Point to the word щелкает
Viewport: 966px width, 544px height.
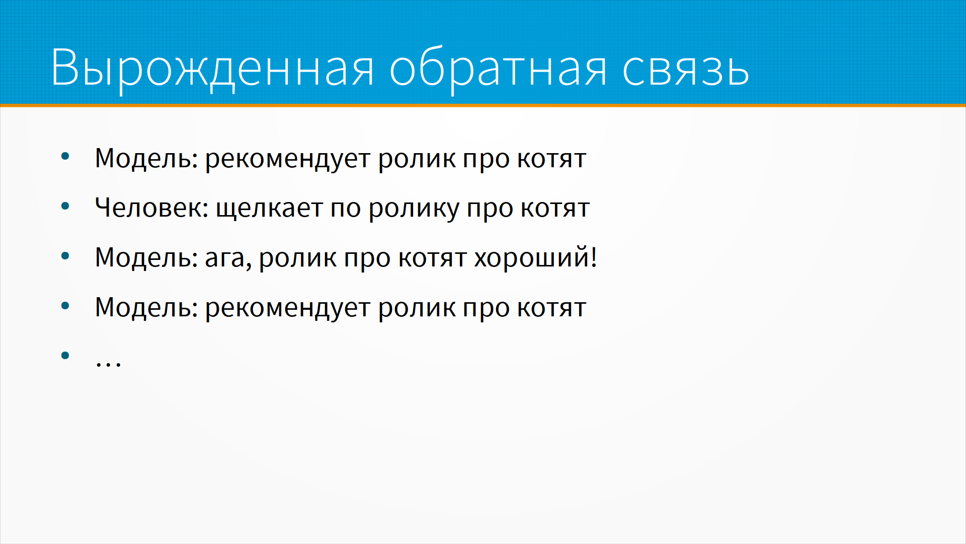[x=269, y=209]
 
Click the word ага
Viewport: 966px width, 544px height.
[x=225, y=259]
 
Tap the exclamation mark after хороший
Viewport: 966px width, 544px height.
[x=594, y=257]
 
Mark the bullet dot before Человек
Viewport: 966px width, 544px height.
[x=65, y=206]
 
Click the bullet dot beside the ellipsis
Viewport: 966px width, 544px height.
[x=65, y=356]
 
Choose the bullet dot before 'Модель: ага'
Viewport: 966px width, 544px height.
[x=65, y=256]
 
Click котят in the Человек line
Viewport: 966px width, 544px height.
[x=555, y=209]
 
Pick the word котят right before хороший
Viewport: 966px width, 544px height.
[x=433, y=259]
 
